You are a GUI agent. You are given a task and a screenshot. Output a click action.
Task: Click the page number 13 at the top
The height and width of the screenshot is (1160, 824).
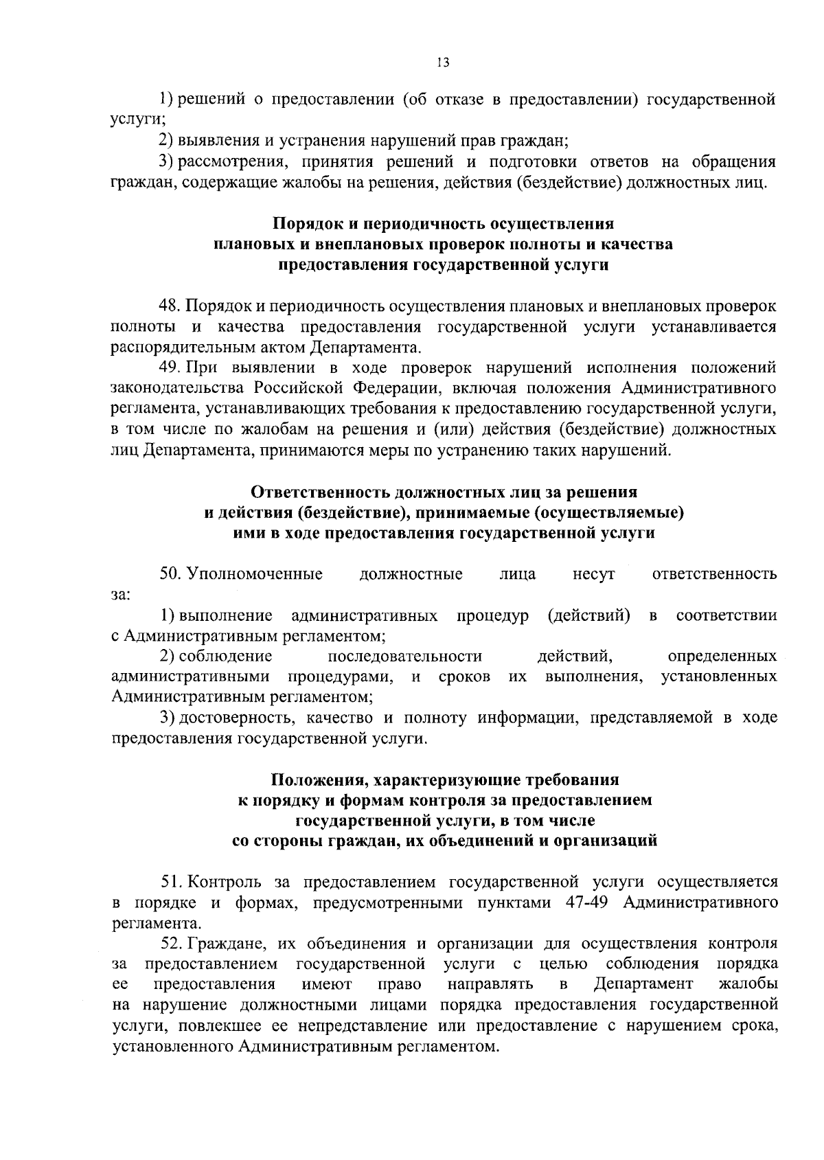pos(442,62)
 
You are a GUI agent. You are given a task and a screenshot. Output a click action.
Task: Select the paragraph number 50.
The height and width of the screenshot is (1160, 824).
pos(169,573)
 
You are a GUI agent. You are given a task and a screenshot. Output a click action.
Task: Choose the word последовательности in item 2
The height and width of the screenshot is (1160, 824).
pos(405,656)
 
